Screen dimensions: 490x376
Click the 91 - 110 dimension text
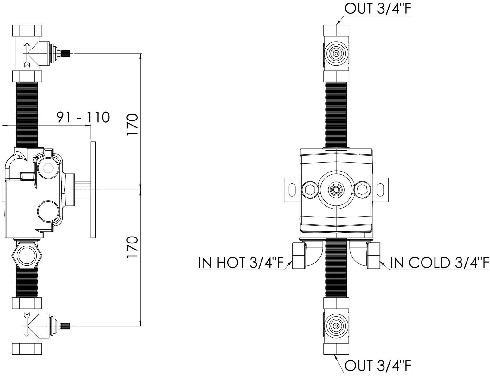coord(83,117)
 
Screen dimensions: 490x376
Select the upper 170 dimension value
coord(132,125)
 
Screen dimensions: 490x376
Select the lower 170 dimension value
coord(132,247)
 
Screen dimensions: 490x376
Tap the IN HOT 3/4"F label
coord(241,263)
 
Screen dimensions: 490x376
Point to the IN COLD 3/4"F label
coord(440,263)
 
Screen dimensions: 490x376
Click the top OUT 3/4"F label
coord(378,9)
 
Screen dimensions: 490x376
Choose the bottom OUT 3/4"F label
coord(378,366)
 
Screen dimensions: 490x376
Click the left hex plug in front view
coord(310,190)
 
